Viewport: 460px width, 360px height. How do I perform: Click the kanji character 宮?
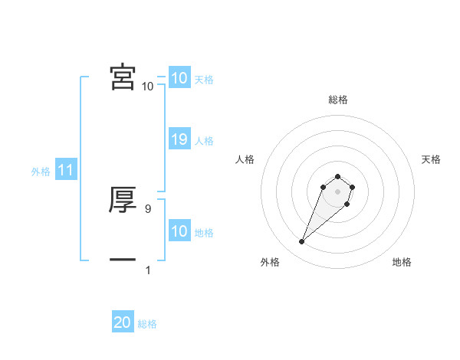click(123, 77)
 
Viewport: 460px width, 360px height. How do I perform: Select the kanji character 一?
click(123, 260)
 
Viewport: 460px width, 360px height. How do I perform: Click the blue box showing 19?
click(179, 139)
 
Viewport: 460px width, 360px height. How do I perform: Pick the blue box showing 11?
click(65, 171)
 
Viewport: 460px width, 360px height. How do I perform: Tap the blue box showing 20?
click(123, 322)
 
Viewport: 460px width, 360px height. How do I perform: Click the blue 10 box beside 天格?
click(179, 78)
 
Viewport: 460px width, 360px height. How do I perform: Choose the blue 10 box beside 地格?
click(179, 231)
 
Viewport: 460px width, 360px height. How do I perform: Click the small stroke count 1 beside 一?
click(148, 270)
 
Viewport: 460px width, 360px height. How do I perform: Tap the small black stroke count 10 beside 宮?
click(147, 87)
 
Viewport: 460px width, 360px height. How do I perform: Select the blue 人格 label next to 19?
click(204, 141)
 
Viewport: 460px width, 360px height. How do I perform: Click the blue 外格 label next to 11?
click(41, 172)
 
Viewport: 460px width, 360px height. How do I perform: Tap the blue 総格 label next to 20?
click(147, 324)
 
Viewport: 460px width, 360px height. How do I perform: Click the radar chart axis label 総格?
click(338, 100)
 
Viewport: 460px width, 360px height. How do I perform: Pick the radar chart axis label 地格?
click(402, 262)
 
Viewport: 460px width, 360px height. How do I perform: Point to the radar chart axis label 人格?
click(245, 159)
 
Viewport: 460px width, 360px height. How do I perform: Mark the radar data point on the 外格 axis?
click(302, 242)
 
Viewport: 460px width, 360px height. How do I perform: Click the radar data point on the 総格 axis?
click(338, 177)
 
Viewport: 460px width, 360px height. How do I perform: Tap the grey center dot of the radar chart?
click(338, 191)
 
